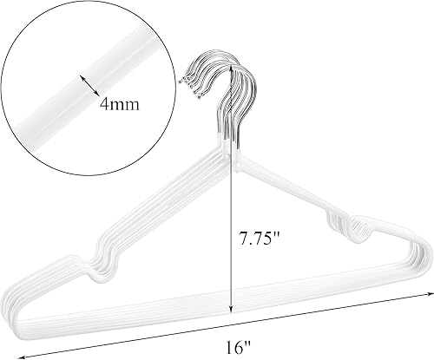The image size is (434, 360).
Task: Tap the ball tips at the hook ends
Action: click(186, 82)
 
